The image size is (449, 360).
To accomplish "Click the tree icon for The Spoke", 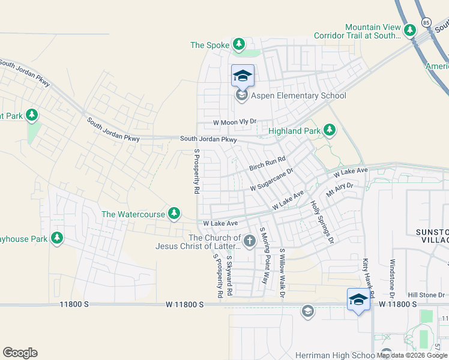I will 239,44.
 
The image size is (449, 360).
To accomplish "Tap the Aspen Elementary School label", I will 299,96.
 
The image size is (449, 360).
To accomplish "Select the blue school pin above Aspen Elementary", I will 242,76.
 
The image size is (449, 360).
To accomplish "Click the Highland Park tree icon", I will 329,130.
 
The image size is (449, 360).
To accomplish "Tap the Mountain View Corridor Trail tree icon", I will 410,29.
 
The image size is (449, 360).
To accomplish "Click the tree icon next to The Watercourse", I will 174,214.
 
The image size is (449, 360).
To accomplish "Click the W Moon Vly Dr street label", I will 235,122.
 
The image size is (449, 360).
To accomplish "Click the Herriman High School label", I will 336,355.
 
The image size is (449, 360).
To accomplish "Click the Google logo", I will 20,353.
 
